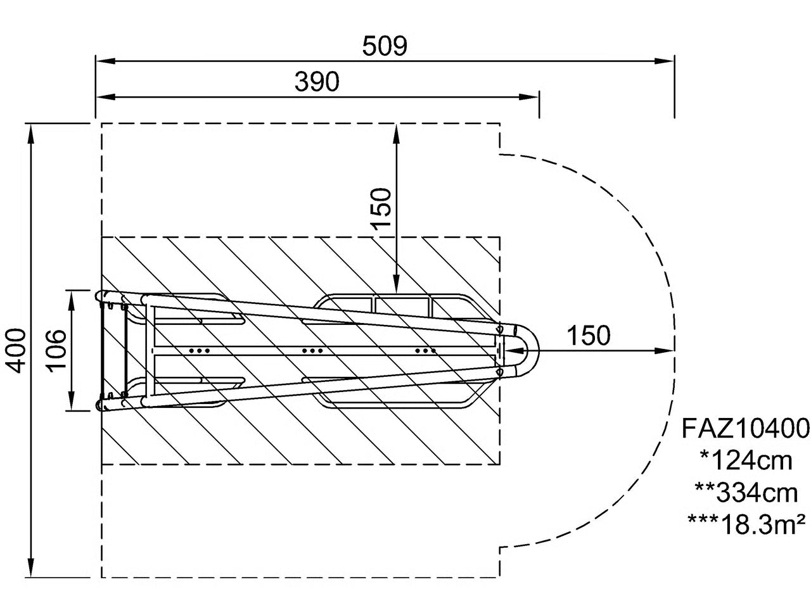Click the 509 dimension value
(x=385, y=46)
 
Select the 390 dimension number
(x=317, y=82)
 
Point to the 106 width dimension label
(x=56, y=350)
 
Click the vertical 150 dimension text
(x=381, y=209)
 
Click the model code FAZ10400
(x=745, y=429)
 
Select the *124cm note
(x=745, y=460)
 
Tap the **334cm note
(x=745, y=492)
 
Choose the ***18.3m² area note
(x=745, y=523)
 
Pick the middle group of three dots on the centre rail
(x=311, y=350)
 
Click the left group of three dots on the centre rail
(x=200, y=350)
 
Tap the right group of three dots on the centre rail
(x=425, y=350)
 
